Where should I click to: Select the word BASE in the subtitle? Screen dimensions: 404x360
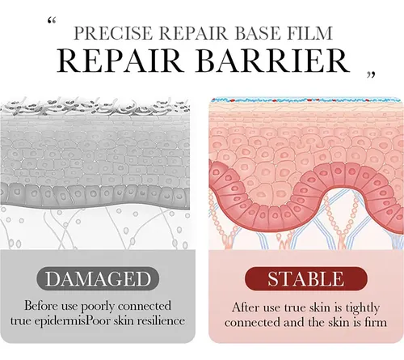tap(253, 33)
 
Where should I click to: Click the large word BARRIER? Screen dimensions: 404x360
tap(273, 61)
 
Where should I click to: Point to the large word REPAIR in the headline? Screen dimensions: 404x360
tap(119, 61)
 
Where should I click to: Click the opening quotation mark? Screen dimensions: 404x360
tap(52, 21)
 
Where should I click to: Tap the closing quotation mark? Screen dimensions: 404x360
tap(371, 75)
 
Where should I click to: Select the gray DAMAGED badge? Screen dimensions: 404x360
tap(98, 279)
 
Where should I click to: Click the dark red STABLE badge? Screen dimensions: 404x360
tap(306, 279)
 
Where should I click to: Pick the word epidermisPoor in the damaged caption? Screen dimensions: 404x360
tap(68, 321)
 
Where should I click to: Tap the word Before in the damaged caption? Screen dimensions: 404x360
tap(41, 306)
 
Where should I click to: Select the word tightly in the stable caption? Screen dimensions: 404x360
tap(363, 307)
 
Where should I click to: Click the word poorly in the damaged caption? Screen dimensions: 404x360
tap(98, 307)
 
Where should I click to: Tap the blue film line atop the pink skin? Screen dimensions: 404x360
tap(306, 100)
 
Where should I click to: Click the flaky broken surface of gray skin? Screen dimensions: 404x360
tap(95, 107)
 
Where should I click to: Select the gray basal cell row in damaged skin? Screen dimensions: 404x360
tap(95, 195)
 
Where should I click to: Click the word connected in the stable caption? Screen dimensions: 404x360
tap(251, 322)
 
